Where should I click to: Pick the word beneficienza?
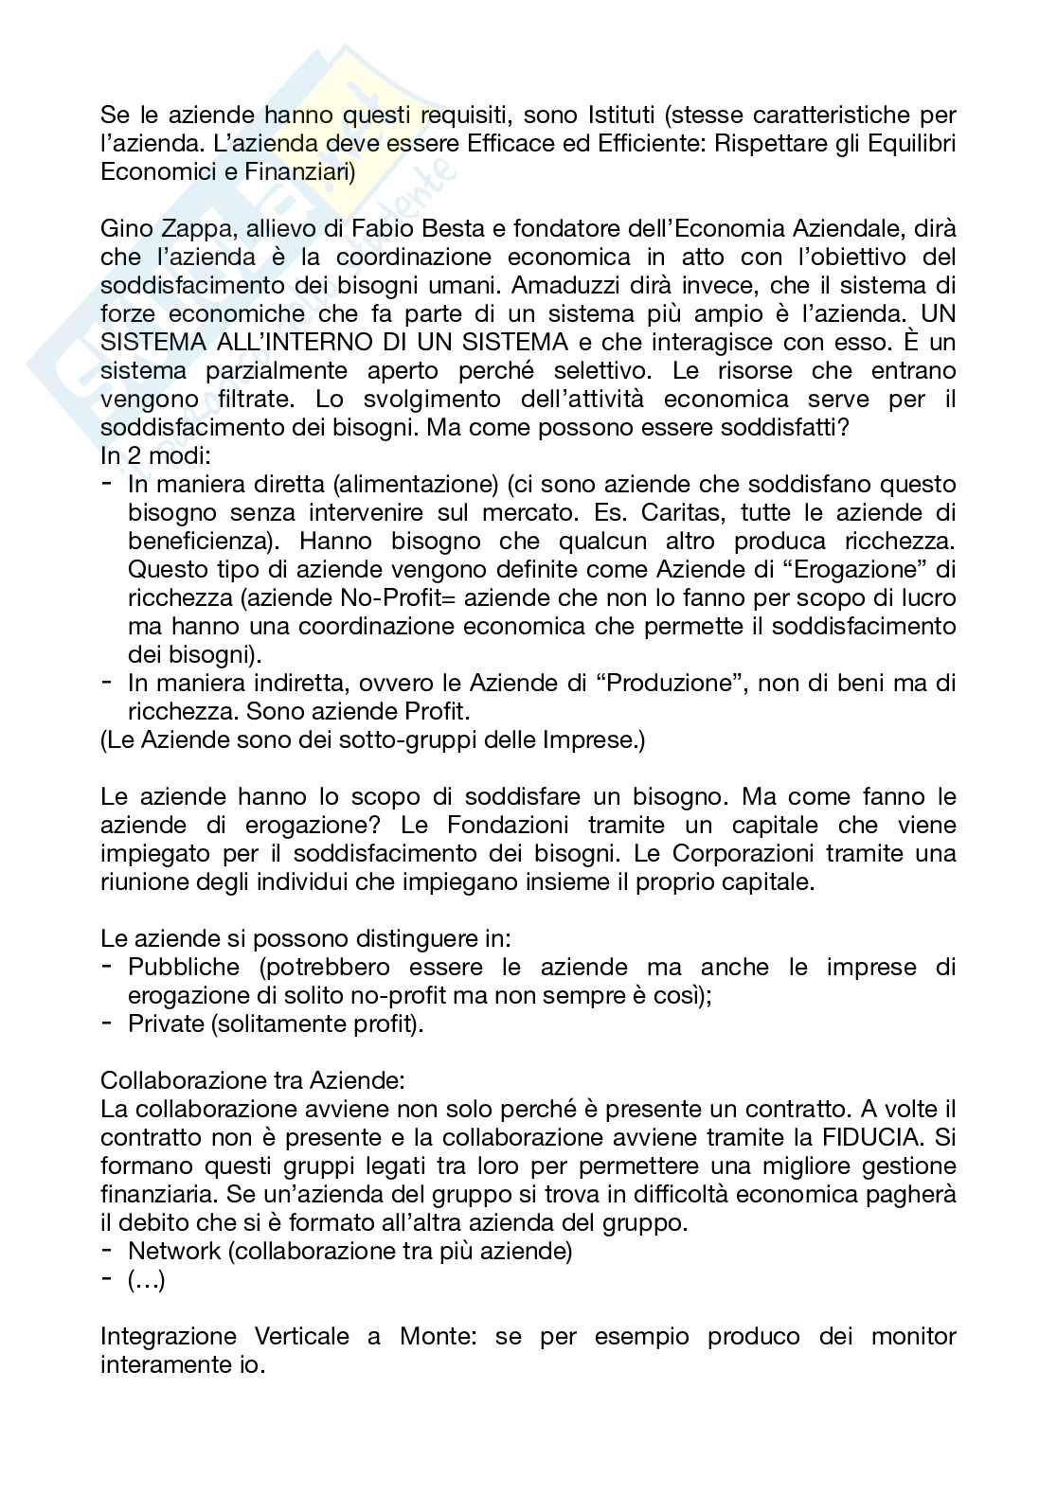tap(201, 542)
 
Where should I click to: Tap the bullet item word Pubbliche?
tap(184, 968)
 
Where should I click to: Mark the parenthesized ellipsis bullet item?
tap(147, 1280)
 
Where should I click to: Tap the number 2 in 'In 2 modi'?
tap(131, 456)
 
